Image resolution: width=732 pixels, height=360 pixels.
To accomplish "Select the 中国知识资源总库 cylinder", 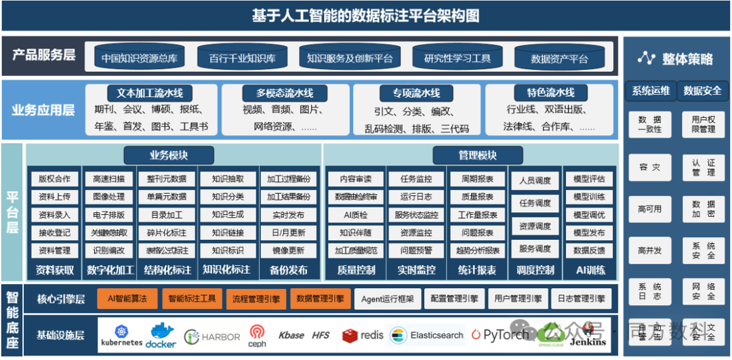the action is pos(139,58).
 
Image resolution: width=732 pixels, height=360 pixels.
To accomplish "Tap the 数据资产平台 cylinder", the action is pos(559,58).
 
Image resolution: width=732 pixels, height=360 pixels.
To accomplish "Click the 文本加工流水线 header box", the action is pos(150,93).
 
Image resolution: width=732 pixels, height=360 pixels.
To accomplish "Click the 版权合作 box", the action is pos(54,179).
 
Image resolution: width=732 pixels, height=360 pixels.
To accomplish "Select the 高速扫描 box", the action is pos(108,179).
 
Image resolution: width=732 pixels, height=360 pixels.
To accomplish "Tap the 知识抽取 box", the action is pos(228,179).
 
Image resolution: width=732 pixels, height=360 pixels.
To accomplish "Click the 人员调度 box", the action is pos(535,181).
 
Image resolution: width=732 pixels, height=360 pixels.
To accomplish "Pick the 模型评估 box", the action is pos(589,179).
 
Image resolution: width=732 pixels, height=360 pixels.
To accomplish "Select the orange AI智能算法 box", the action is pos(127,298).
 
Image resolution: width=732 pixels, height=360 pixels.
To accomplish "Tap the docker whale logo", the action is pos(161,334).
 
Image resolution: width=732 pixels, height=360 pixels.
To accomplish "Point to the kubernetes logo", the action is pos(122,335).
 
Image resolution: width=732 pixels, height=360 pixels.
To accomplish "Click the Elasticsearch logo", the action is pos(428,335).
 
